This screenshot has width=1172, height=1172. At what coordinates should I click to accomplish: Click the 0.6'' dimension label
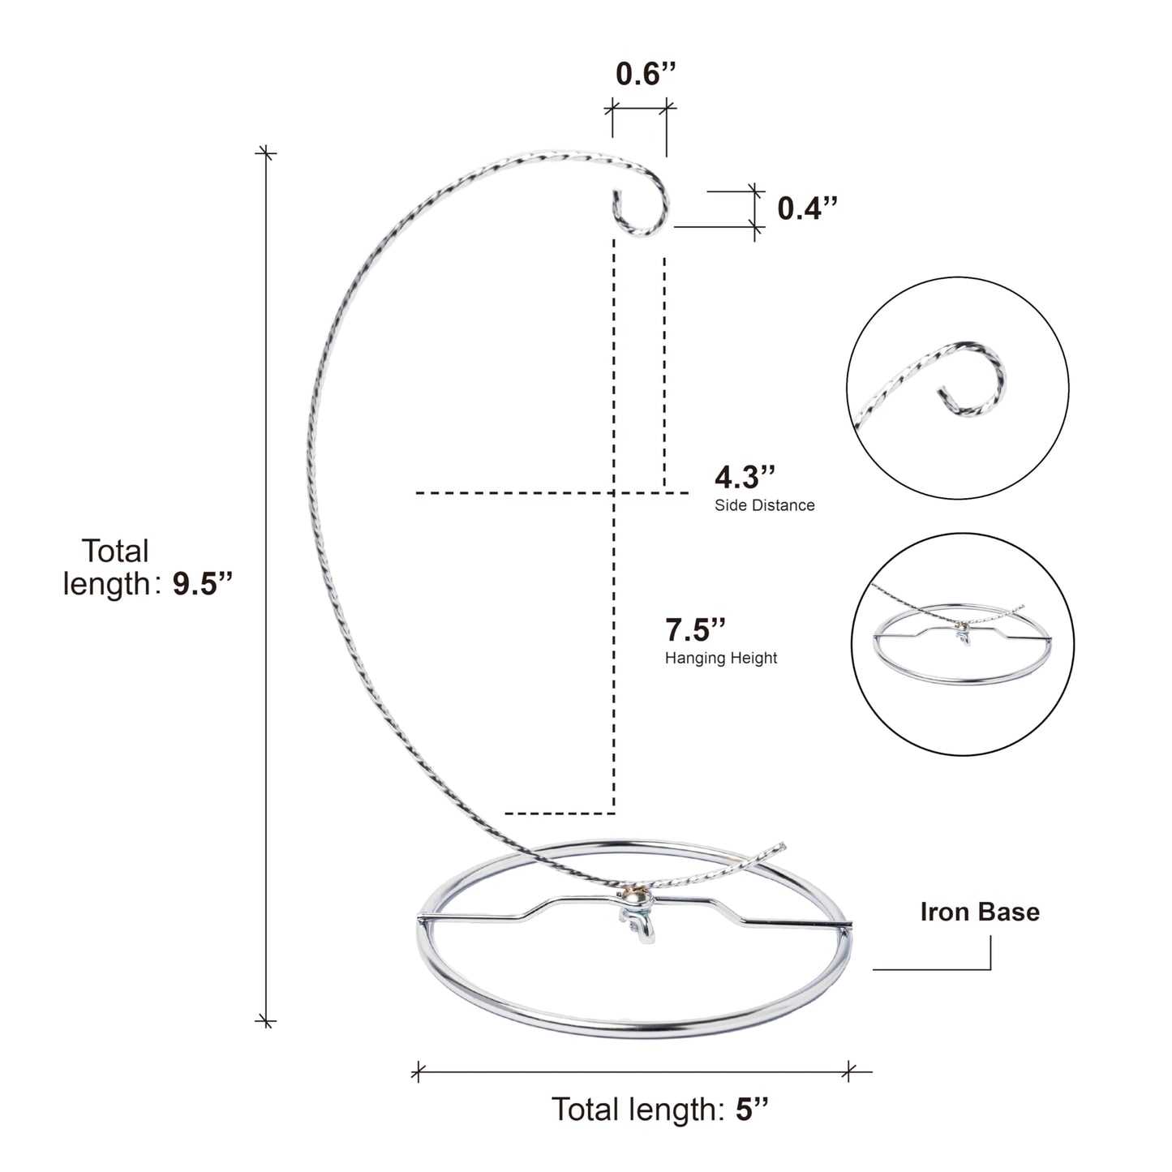(646, 74)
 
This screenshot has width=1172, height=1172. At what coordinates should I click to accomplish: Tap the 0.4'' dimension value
(807, 208)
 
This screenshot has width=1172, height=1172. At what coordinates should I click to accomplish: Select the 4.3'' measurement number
(745, 477)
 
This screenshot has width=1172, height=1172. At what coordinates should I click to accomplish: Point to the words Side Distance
(765, 504)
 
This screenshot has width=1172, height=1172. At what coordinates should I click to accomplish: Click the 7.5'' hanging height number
(695, 630)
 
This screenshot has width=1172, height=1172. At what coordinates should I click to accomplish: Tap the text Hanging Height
(721, 658)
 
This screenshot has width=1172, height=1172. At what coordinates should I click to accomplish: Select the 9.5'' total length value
(203, 583)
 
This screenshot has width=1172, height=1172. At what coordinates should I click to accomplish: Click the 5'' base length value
(753, 1109)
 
